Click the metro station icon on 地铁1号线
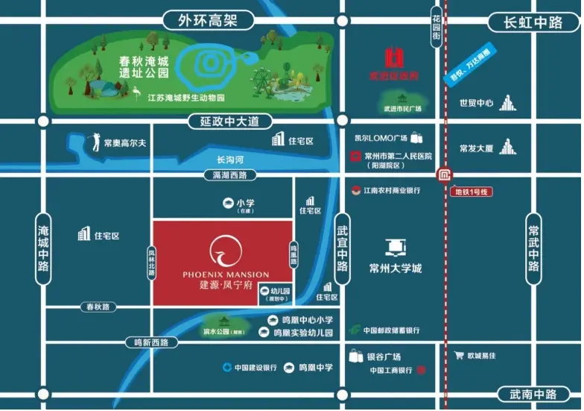tap(445, 176)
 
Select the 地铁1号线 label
tap(472, 192)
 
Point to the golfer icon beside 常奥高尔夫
tap(95, 142)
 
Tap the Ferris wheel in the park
tap(261, 79)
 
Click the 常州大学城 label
tap(395, 269)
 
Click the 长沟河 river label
tap(231, 160)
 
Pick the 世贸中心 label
tap(477, 104)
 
